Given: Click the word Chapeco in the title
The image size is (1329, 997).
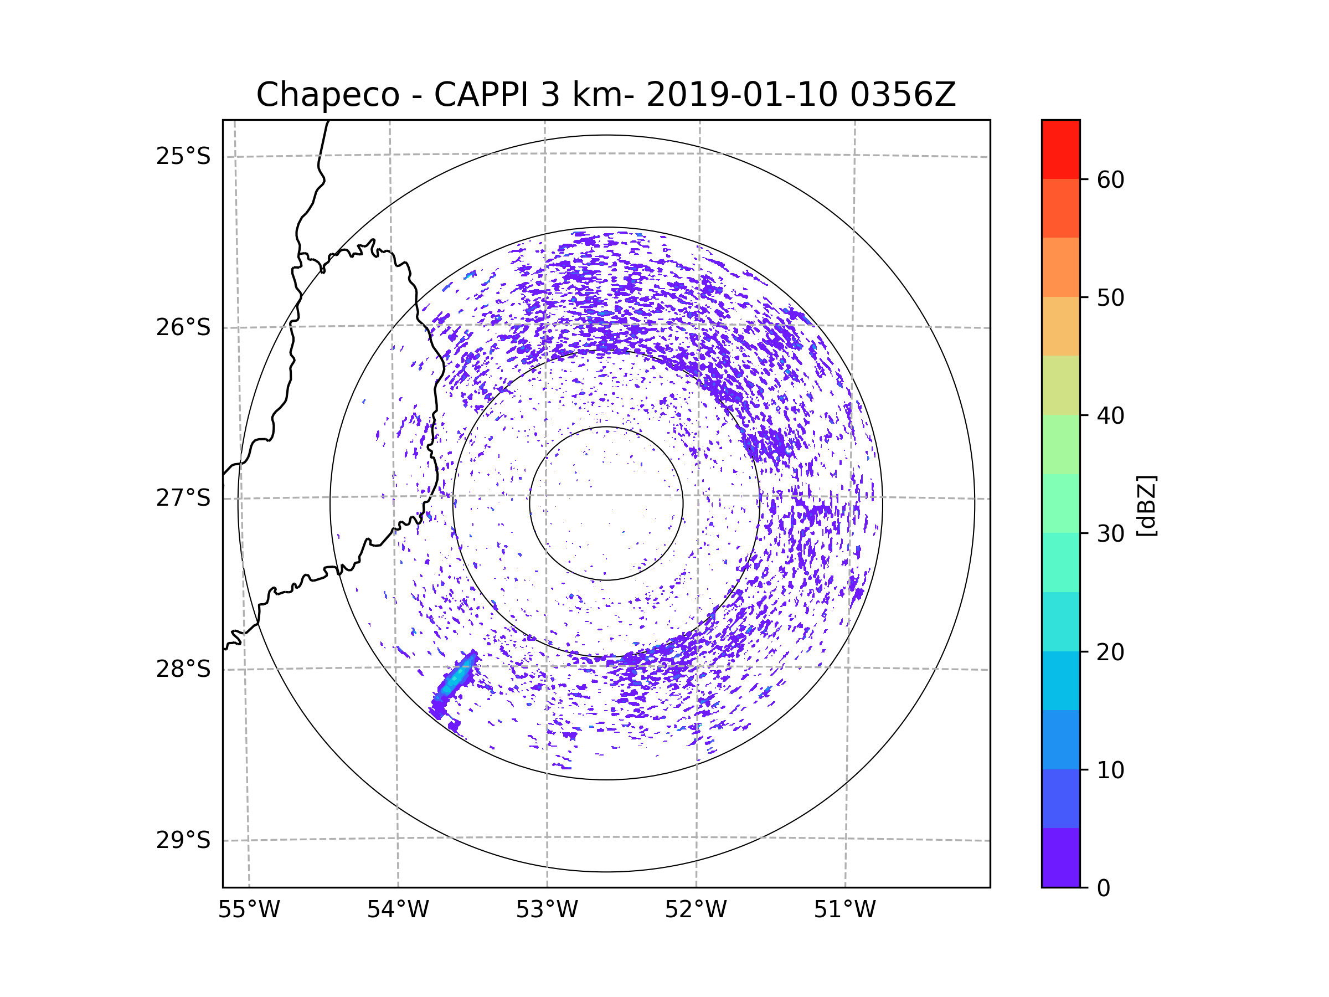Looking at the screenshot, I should [327, 95].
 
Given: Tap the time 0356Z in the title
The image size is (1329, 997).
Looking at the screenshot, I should [903, 95].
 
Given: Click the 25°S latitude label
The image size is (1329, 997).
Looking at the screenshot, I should [183, 157].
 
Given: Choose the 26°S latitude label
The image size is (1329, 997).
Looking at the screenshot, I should [183, 327].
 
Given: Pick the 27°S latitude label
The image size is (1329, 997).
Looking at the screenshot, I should [183, 498].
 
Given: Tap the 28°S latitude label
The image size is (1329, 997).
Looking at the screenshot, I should [183, 669].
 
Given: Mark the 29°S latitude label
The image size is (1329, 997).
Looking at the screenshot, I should [183, 840].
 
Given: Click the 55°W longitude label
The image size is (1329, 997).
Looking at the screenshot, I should [249, 910].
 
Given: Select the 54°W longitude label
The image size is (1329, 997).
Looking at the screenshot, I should [398, 910].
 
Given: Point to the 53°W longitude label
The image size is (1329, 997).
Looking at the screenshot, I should [547, 910].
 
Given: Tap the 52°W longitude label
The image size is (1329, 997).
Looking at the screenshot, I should [696, 910].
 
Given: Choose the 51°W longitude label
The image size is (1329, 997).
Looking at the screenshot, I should [844, 910].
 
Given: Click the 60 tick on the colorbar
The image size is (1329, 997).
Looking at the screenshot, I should [1110, 179].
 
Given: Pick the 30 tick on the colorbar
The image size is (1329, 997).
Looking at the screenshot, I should [1110, 533].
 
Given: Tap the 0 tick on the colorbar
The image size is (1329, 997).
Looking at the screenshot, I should [1104, 888].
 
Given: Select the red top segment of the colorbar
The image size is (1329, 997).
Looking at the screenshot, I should [1060, 149].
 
